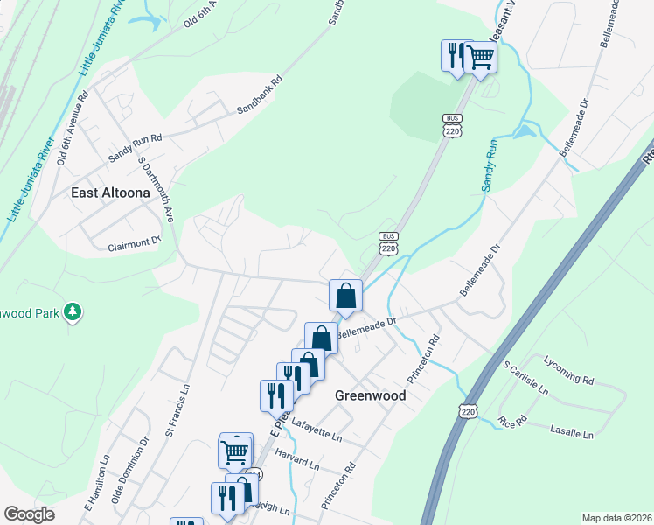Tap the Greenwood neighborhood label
pyautogui.click(x=371, y=395)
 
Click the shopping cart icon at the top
pyautogui.click(x=480, y=58)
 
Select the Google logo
pyautogui.click(x=29, y=514)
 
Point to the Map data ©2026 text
pyautogui.click(x=616, y=517)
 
